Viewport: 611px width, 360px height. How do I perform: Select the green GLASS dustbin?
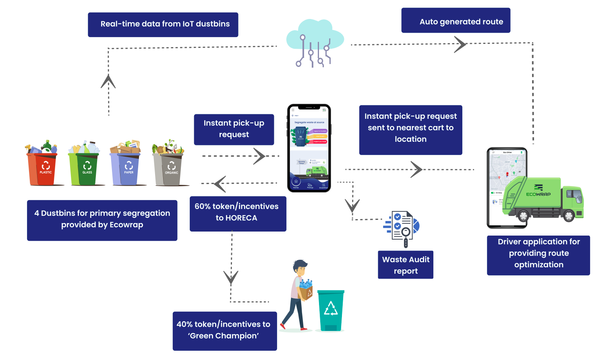(85, 168)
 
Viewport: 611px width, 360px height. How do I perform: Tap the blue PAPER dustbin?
(126, 168)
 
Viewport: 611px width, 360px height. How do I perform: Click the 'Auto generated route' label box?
(456, 21)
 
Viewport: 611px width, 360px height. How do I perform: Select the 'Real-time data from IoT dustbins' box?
(163, 25)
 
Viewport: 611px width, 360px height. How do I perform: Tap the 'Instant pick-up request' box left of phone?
(234, 129)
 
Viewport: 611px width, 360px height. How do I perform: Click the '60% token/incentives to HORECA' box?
(238, 213)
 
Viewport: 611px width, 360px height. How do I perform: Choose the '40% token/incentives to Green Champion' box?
(225, 331)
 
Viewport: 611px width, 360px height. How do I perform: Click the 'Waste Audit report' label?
(405, 265)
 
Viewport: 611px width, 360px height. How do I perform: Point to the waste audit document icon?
(402, 228)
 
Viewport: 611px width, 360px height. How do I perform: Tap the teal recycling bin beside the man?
(331, 310)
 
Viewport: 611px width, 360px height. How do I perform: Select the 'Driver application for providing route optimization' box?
(538, 255)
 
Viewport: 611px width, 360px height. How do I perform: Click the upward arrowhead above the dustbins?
(108, 82)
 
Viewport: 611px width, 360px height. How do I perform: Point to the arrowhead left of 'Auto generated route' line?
(460, 44)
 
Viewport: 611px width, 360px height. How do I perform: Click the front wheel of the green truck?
(568, 216)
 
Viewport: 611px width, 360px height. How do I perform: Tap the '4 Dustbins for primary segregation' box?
(102, 220)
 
